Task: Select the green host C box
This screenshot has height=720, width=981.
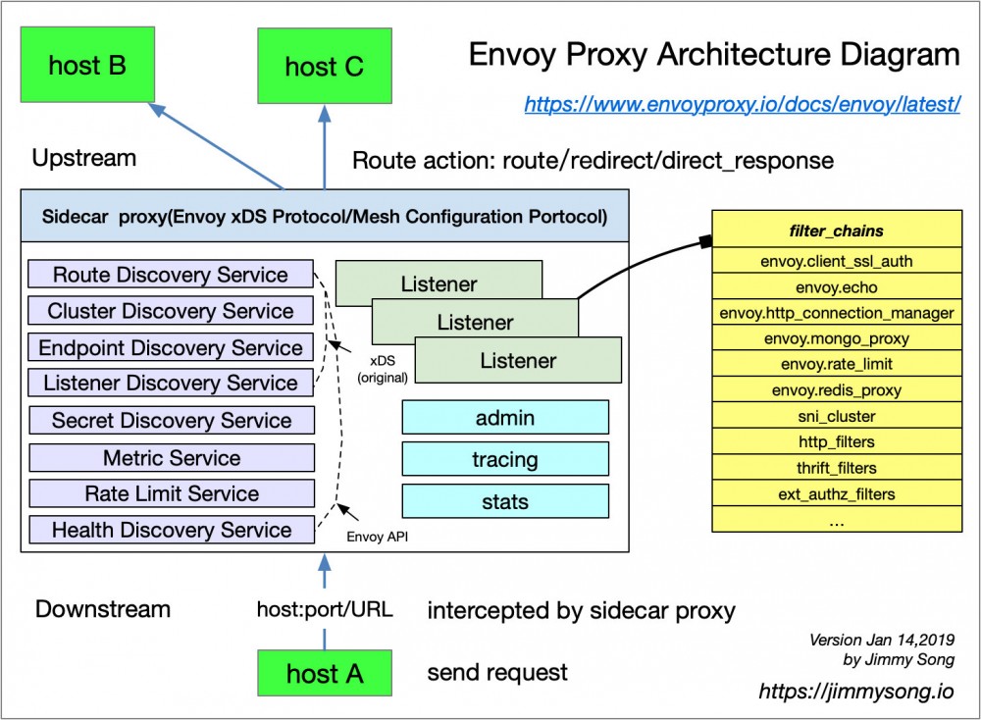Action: pyautogui.click(x=324, y=67)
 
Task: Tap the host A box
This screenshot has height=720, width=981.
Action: pyautogui.click(x=324, y=674)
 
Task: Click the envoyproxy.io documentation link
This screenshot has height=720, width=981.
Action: pyautogui.click(x=742, y=104)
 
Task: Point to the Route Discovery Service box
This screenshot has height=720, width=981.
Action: pyautogui.click(x=171, y=275)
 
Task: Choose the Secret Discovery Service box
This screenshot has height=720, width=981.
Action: pyautogui.click(x=172, y=421)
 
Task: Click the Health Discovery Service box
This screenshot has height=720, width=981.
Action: pyautogui.click(x=172, y=530)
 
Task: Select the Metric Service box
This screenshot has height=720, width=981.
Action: pyautogui.click(x=172, y=458)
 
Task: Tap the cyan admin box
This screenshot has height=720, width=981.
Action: pyautogui.click(x=505, y=418)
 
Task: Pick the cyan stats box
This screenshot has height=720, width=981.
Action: pyautogui.click(x=505, y=502)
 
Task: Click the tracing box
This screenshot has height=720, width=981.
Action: pyautogui.click(x=505, y=459)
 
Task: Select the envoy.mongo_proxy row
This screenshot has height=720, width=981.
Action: pyautogui.click(x=837, y=339)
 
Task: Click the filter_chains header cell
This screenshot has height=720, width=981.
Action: pyautogui.click(x=837, y=232)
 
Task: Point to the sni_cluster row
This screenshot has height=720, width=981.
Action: pyautogui.click(x=837, y=416)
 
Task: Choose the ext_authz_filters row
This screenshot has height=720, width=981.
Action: pyautogui.click(x=837, y=493)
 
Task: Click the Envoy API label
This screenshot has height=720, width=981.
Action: pyautogui.click(x=378, y=537)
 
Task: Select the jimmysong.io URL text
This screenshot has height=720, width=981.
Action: pyautogui.click(x=855, y=692)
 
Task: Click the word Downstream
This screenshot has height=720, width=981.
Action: pyautogui.click(x=103, y=609)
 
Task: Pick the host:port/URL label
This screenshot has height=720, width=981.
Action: pyautogui.click(x=325, y=610)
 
